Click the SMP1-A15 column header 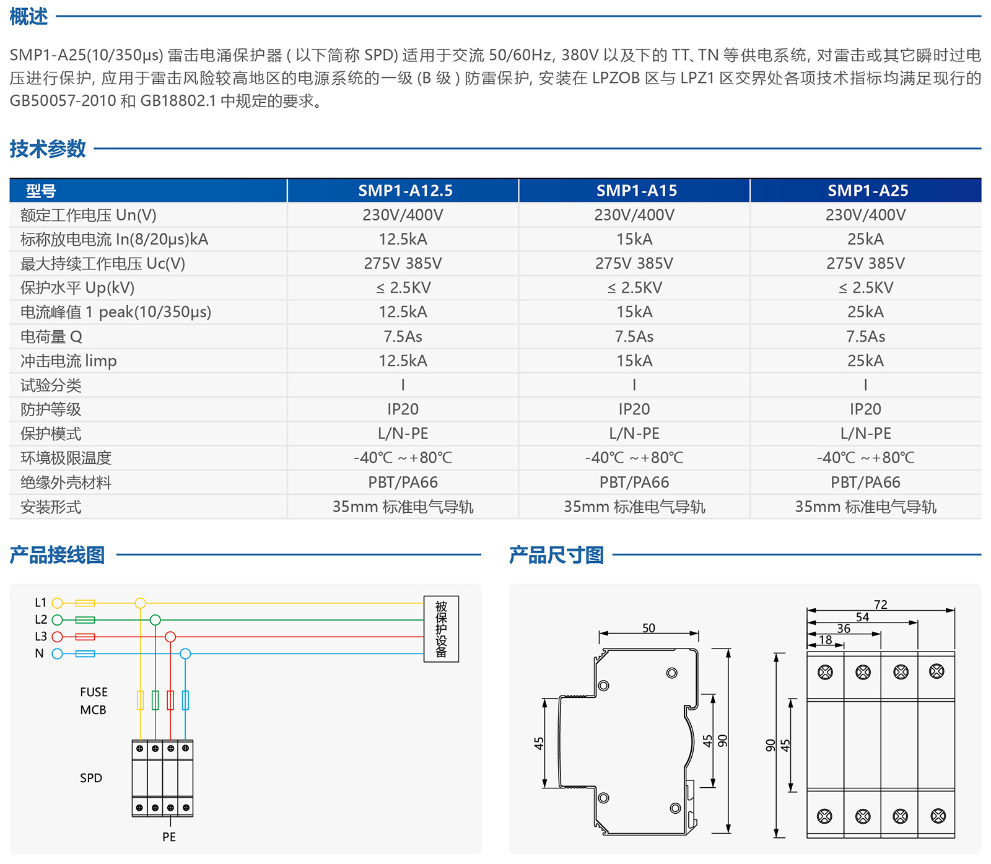point(636,191)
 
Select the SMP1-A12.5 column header point(405,191)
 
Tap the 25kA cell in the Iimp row point(865,361)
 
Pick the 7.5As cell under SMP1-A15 point(634,337)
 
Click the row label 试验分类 point(51,385)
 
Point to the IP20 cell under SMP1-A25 point(865,409)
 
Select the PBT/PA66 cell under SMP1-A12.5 point(403,482)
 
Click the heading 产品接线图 point(57,555)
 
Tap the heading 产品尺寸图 point(556,555)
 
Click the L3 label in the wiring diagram point(41,637)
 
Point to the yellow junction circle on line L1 point(141,603)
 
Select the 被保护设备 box point(441,629)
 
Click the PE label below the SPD point(169,837)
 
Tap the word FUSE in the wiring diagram point(94,692)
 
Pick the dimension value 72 point(881,604)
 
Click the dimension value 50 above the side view point(648,628)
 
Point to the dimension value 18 point(826,640)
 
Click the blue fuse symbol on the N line point(85,654)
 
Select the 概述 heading point(28,17)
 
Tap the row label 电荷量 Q point(51,337)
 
